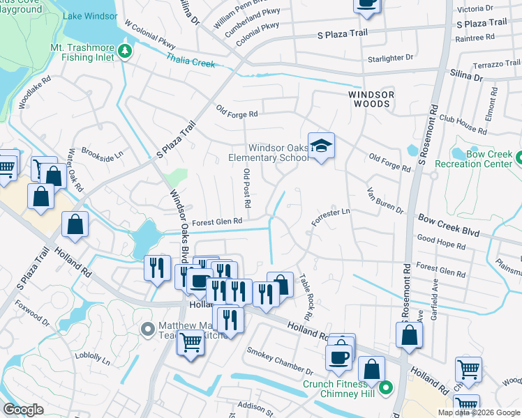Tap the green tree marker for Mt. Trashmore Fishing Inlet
click(124, 50)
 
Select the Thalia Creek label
click(191, 61)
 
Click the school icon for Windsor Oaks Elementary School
click(321, 146)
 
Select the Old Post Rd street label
click(246, 188)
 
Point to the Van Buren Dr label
click(385, 201)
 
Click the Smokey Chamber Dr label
click(280, 363)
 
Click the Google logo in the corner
click(24, 410)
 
